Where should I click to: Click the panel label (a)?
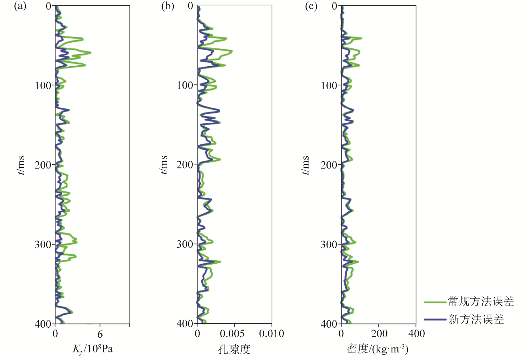pos(20,6)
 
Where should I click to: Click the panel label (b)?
pos(168,6)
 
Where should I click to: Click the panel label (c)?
pos(311,6)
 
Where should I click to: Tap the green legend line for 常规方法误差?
pos(435,302)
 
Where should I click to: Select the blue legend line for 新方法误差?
pos(435,319)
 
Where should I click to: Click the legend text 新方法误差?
pos(476,319)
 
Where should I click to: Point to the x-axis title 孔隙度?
pos(234,349)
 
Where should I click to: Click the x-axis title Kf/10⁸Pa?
pos(93,349)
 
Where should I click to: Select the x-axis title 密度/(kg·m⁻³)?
pos(378,349)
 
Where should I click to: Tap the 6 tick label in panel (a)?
pos(100,334)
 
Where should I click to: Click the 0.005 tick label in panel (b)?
pos(232,334)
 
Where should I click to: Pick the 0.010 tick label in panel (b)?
pos(272,334)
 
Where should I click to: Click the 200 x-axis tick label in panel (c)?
pos(379,334)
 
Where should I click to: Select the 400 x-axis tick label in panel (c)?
pos(416,334)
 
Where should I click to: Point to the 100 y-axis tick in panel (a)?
pos(43,86)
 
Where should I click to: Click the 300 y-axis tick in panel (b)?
pos(185,245)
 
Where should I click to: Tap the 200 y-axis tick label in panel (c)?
pos(329,165)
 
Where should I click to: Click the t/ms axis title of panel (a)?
pos(21,165)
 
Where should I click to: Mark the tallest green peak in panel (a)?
pos(90,53)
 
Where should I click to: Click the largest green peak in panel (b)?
pos(232,52)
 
